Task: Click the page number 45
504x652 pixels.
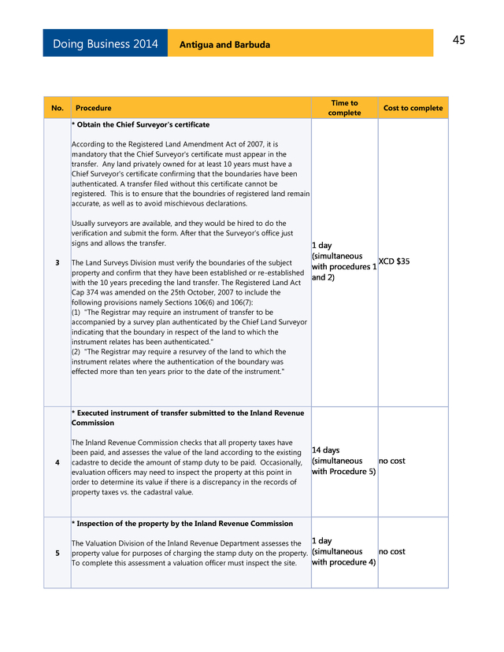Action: pyautogui.click(x=458, y=40)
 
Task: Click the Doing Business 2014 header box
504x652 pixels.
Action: pyautogui.click(x=105, y=44)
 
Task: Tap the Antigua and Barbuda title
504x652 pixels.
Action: pyautogui.click(x=224, y=45)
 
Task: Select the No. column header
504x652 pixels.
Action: pyautogui.click(x=57, y=108)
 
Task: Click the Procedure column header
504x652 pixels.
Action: pyautogui.click(x=93, y=108)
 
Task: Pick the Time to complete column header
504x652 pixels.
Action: pyautogui.click(x=344, y=108)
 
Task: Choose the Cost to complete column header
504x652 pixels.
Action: pyautogui.click(x=413, y=108)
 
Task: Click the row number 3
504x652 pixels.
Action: pyautogui.click(x=57, y=262)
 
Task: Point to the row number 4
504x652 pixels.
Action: pyautogui.click(x=57, y=461)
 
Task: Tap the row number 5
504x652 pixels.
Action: pyautogui.click(x=57, y=553)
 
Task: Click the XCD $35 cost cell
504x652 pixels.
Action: pyautogui.click(x=394, y=261)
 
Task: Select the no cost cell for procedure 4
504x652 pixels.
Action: pyautogui.click(x=392, y=461)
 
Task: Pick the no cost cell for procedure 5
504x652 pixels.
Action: pyautogui.click(x=392, y=551)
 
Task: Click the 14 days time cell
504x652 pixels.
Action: pyautogui.click(x=343, y=461)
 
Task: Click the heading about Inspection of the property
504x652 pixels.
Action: pyautogui.click(x=183, y=524)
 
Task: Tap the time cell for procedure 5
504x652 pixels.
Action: pyautogui.click(x=343, y=551)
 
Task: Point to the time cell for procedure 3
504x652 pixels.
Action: pyautogui.click(x=343, y=261)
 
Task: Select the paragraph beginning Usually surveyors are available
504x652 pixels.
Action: pyautogui.click(x=182, y=233)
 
